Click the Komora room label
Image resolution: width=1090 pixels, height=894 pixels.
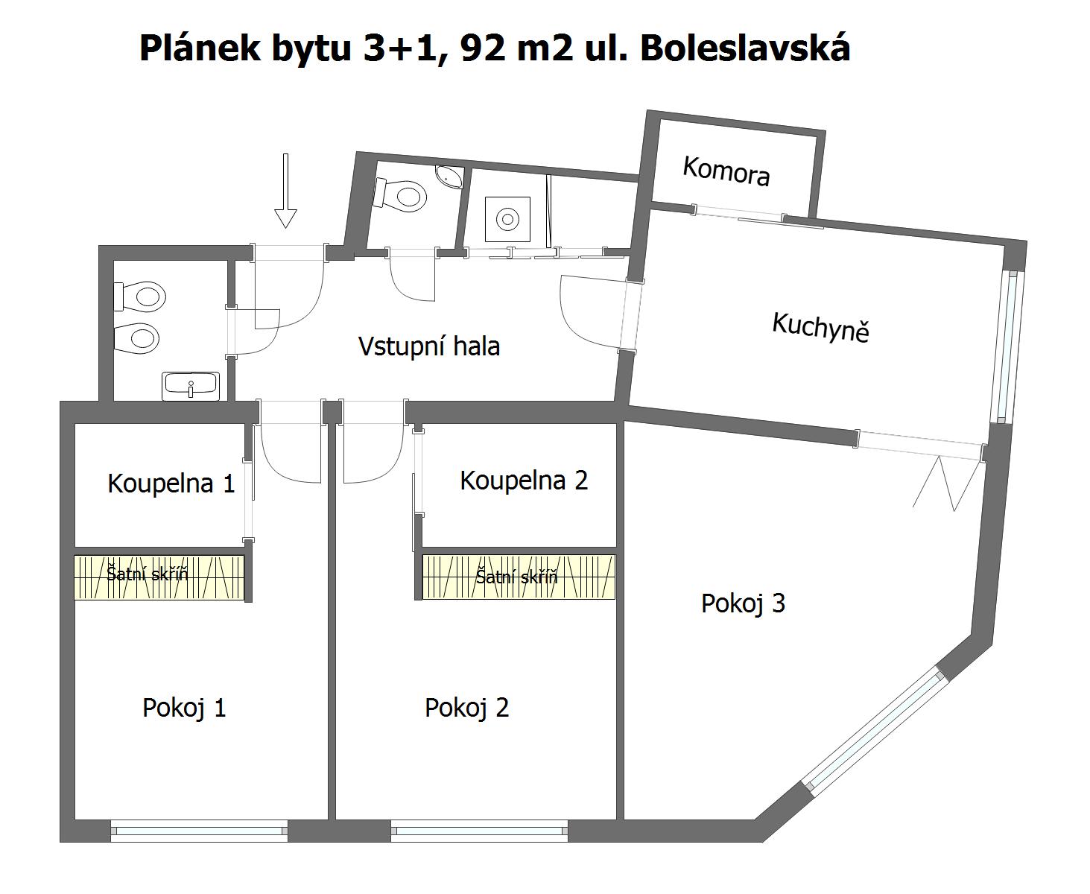(726, 171)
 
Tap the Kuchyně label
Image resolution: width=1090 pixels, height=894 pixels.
(821, 326)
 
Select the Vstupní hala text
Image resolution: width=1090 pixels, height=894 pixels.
(429, 346)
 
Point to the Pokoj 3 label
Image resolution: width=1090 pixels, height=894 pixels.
(744, 603)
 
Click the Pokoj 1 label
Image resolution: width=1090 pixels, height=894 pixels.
(185, 708)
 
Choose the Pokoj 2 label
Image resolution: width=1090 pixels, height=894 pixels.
(466, 708)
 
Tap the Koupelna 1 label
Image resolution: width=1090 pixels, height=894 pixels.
(171, 484)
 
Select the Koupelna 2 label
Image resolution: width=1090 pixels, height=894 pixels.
(524, 481)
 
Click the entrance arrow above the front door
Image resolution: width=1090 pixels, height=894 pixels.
(285, 191)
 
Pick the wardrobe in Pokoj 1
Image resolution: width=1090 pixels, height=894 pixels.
(159, 577)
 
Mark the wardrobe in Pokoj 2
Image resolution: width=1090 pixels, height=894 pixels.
(519, 577)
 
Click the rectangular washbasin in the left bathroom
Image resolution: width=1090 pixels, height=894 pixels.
(191, 386)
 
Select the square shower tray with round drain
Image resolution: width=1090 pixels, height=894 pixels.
(507, 219)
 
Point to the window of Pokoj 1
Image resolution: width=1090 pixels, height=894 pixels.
(200, 831)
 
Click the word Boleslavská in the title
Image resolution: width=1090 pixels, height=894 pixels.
(745, 48)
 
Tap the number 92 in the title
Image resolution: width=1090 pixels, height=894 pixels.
(483, 49)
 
